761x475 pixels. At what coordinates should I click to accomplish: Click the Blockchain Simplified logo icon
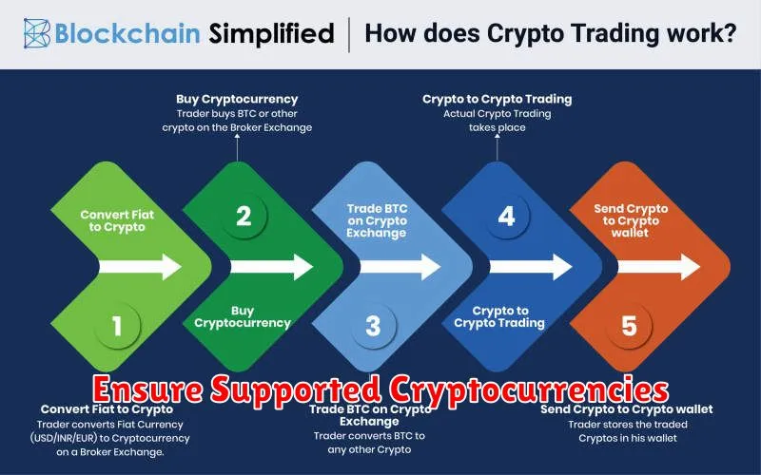pos(37,33)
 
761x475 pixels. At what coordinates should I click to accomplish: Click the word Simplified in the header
pos(271,33)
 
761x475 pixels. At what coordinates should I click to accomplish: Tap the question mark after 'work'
pos(728,33)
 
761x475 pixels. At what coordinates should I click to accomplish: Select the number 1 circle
pos(117,325)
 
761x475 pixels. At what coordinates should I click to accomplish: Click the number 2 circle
pos(244,217)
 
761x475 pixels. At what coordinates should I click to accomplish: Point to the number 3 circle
pos(373,325)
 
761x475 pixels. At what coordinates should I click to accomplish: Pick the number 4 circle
pos(506,217)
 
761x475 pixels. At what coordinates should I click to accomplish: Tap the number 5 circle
pos(629,325)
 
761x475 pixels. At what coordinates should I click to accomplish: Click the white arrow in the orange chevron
pos(658,267)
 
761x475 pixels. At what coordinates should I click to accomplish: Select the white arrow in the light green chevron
pos(140,267)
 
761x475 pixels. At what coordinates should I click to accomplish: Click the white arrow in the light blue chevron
pos(400,267)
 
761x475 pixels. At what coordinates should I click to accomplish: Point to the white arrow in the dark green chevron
pos(272,267)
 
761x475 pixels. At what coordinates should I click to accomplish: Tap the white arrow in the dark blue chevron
pos(531,267)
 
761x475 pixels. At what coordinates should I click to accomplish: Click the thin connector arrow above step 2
pos(237,147)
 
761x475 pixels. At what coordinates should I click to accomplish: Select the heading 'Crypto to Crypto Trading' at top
pos(497,100)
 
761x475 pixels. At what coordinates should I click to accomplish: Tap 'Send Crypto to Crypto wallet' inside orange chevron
pos(631,220)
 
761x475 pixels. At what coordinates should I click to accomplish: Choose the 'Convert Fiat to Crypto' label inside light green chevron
pos(117,221)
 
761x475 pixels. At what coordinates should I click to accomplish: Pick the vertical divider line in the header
pos(349,34)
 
